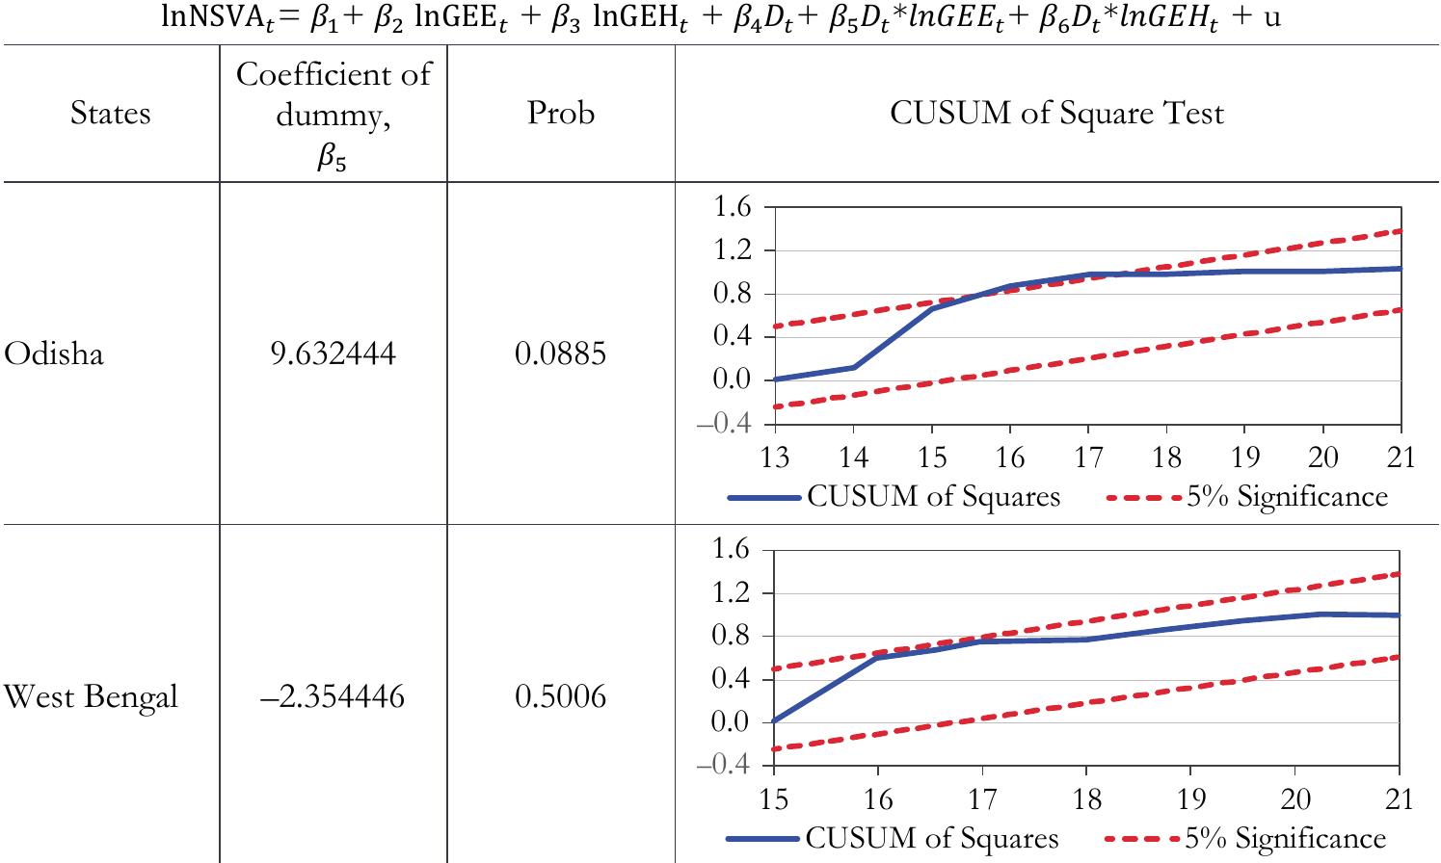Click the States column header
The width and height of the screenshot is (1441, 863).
110,114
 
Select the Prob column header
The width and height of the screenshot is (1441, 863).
560,114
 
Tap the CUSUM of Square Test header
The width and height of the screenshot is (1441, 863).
1056,114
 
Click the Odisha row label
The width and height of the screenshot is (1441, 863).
54,354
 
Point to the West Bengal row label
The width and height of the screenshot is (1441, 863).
91,696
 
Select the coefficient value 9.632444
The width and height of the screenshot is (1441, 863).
333,354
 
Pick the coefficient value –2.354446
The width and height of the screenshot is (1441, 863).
333,696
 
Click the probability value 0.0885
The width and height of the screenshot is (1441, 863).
560,354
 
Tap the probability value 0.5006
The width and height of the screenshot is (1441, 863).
560,696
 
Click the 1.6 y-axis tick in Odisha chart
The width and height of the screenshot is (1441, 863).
732,207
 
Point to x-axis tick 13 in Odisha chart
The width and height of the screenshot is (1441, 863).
774,457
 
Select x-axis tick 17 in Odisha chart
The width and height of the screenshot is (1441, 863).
1087,457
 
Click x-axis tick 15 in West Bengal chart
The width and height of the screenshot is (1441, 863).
774,798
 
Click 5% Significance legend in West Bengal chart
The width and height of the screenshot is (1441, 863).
1285,839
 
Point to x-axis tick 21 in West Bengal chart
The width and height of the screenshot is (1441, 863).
1399,798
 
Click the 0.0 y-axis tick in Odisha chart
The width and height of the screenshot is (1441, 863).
732,379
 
